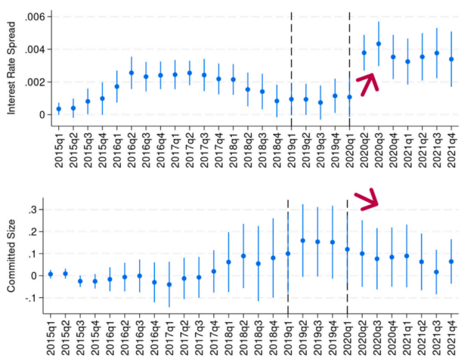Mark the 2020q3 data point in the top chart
(x=379, y=44)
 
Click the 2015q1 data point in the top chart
(x=58, y=109)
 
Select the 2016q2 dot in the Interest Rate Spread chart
(x=131, y=73)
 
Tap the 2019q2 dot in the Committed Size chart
(x=302, y=241)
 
